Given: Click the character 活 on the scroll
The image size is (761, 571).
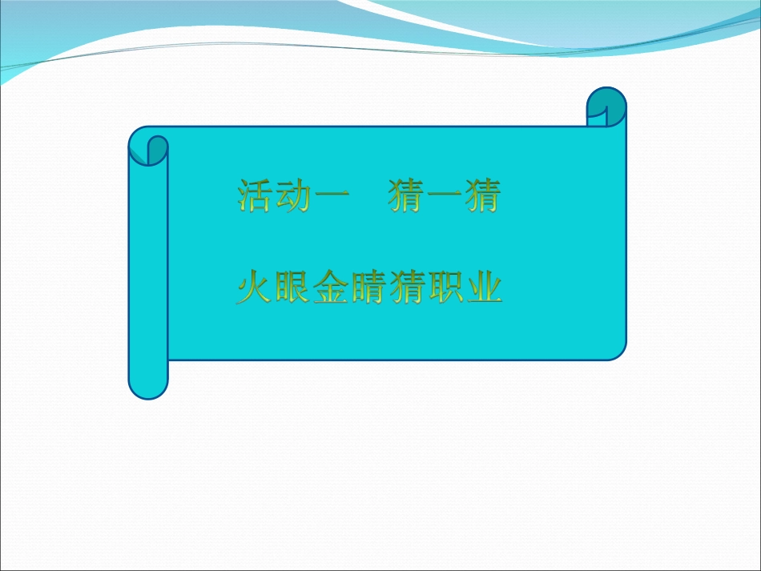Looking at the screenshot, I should [255, 196].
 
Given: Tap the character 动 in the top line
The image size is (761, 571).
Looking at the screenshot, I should [292, 196].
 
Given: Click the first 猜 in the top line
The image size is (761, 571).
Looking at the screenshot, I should [407, 196].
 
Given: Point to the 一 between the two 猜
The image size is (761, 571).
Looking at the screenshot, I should [445, 197].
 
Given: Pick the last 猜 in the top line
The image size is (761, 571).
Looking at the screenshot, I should [482, 196].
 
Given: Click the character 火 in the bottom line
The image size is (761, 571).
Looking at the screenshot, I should [255, 288].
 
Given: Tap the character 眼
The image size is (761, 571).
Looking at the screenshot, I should [292, 288].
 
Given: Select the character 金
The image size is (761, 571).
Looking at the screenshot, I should [330, 288].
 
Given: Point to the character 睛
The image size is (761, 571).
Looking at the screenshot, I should [368, 288].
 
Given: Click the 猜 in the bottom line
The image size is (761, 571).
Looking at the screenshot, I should [406, 288].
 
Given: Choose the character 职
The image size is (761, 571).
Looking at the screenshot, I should [445, 288].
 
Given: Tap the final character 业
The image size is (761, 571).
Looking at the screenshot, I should [483, 288].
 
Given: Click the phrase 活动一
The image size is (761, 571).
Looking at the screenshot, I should [292, 196].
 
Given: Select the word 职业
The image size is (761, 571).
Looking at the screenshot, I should [464, 288].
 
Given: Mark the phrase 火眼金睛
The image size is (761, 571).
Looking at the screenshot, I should [312, 288].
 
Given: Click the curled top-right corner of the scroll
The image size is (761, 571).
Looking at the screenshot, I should [606, 107].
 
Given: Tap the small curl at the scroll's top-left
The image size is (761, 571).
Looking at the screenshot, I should [157, 149].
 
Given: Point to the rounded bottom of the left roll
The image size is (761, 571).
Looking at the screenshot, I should [148, 388].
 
